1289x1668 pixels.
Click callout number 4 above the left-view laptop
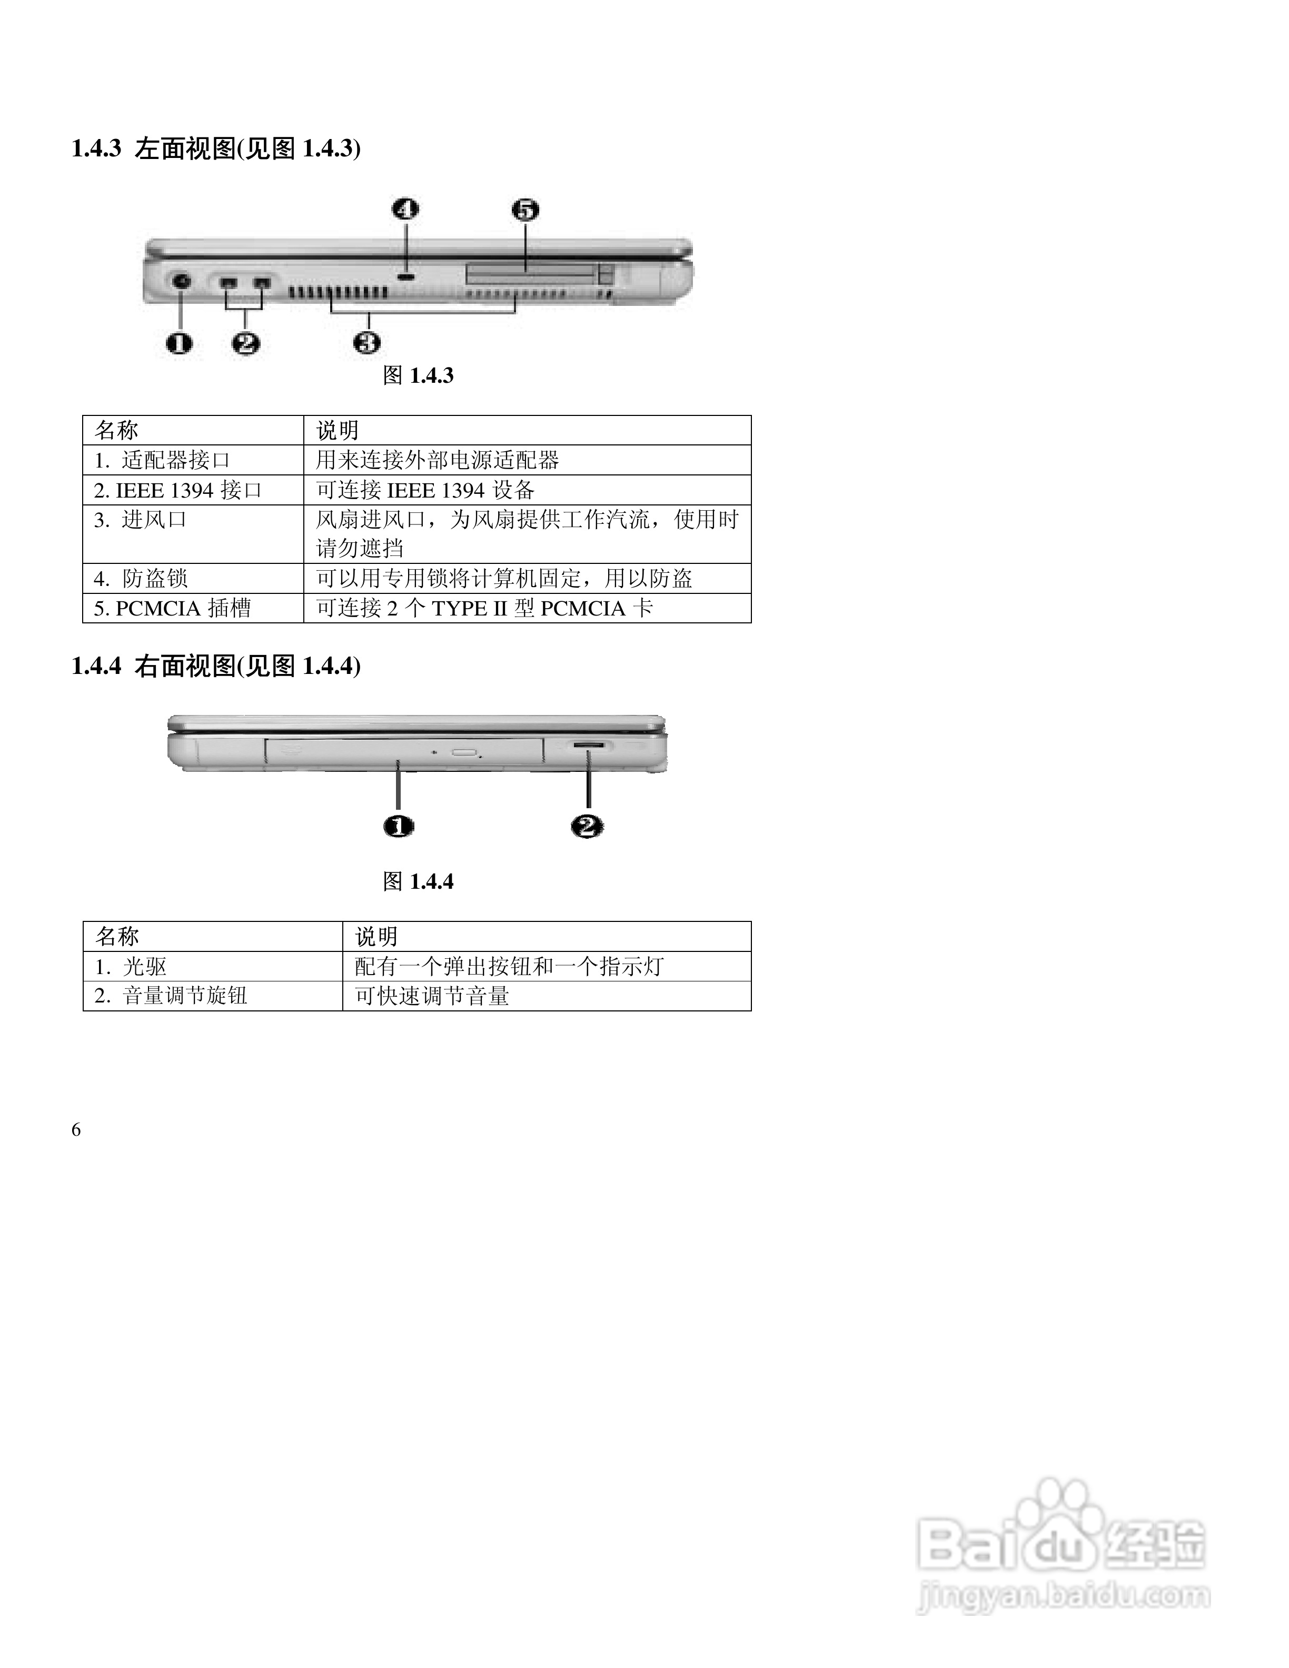click(x=405, y=209)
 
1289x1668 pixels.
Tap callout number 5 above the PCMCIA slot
click(x=525, y=209)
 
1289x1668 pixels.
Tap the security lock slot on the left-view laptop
click(x=407, y=275)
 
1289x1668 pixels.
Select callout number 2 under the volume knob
click(x=587, y=826)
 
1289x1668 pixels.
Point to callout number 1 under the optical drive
click(x=399, y=826)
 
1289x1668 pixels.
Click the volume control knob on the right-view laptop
click(x=589, y=744)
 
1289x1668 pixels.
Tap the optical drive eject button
click(x=463, y=752)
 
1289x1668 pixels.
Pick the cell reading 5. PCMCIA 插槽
click(x=173, y=608)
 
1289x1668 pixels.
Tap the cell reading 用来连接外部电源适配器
click(x=438, y=460)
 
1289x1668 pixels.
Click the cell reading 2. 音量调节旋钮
click(x=171, y=996)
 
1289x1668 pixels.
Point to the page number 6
click(x=76, y=1129)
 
